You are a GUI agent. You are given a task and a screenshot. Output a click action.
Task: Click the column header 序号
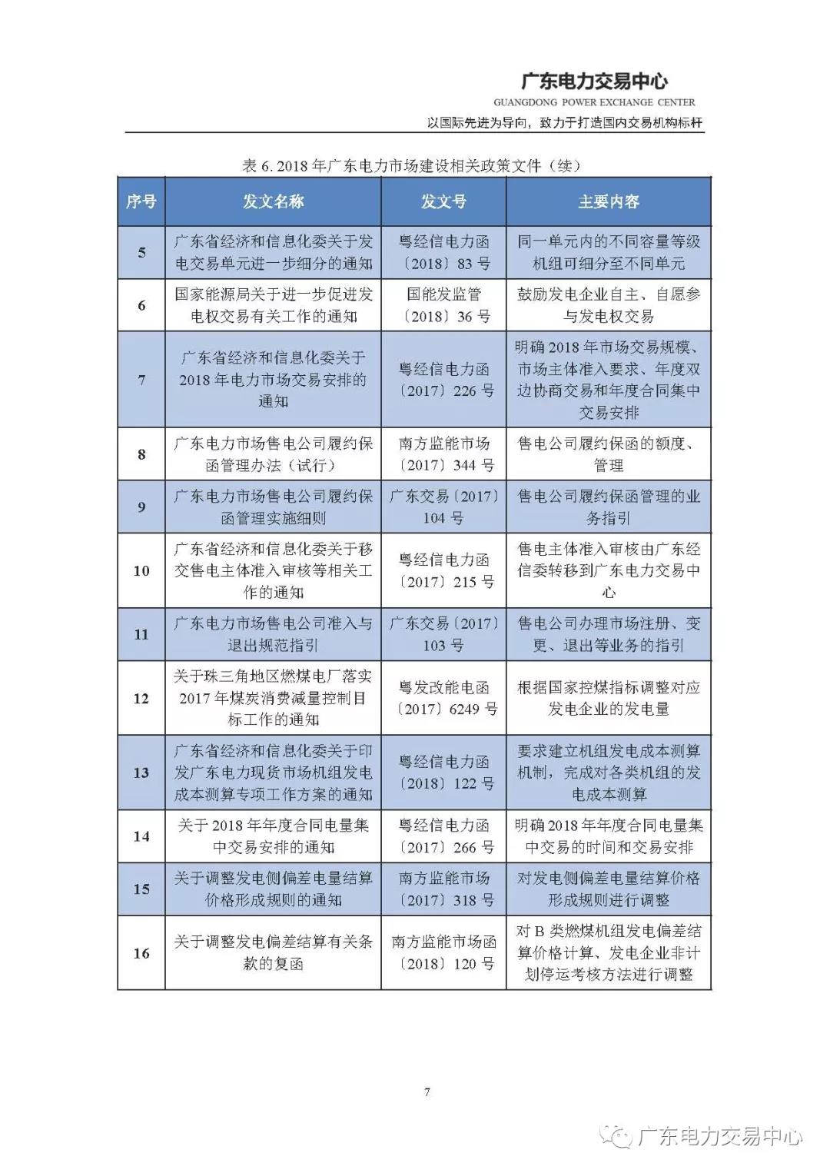pyautogui.click(x=141, y=201)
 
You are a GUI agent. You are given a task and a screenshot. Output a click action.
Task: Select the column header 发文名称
pyautogui.click(x=273, y=201)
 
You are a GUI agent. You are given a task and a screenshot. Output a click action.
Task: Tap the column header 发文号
pyautogui.click(x=443, y=201)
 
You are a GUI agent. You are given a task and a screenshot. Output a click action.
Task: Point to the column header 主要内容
pyautogui.click(x=609, y=201)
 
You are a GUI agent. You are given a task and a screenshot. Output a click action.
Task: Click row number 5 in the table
pyautogui.click(x=141, y=252)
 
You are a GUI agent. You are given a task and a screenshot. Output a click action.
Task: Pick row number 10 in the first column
pyautogui.click(x=141, y=570)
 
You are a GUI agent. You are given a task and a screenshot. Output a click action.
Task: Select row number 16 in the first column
pyautogui.click(x=141, y=953)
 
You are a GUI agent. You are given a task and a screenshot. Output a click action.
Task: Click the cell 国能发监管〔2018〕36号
pyautogui.click(x=443, y=305)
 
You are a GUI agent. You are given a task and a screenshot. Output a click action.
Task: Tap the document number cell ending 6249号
pyautogui.click(x=443, y=698)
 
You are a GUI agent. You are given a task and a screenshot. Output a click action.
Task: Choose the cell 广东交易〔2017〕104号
pyautogui.click(x=443, y=507)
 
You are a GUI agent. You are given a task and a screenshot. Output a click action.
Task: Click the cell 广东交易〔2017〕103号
pyautogui.click(x=443, y=634)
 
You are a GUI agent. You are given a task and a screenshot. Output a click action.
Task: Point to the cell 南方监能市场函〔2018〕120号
pyautogui.click(x=443, y=952)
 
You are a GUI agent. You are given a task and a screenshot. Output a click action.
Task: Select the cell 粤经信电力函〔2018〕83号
pyautogui.click(x=443, y=252)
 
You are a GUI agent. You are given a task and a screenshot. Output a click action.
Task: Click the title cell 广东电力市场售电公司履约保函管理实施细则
pyautogui.click(x=273, y=507)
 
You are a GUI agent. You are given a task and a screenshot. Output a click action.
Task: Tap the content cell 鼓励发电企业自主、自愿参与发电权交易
pyautogui.click(x=609, y=305)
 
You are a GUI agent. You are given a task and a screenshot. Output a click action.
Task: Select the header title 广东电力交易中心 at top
pyautogui.click(x=594, y=81)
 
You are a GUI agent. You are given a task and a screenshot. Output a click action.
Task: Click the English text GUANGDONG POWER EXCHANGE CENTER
pyautogui.click(x=594, y=102)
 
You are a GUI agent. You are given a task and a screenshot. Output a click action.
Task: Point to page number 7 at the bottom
pyautogui.click(x=427, y=1092)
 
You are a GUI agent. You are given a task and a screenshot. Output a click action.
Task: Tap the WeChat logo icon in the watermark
pyautogui.click(x=619, y=1135)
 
